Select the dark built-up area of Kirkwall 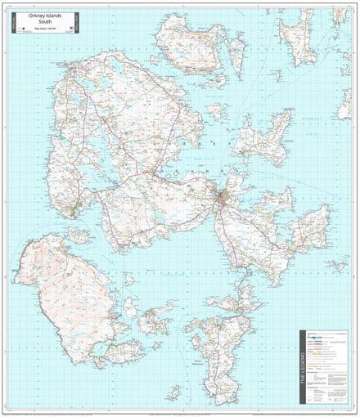222,197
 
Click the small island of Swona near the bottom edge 173,392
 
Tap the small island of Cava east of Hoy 130,307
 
